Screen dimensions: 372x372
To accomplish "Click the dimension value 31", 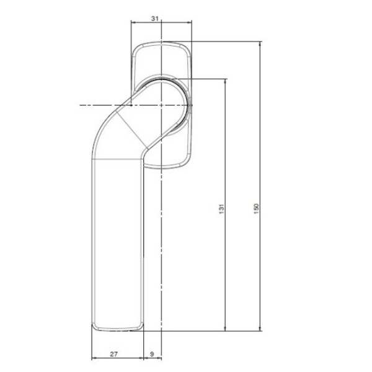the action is click(x=154, y=18).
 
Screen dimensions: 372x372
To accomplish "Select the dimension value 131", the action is click(x=221, y=208).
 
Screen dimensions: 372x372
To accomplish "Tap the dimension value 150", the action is click(x=256, y=208).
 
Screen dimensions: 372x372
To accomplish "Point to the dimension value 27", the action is click(x=114, y=354).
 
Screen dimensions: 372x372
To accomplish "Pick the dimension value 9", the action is click(x=152, y=354).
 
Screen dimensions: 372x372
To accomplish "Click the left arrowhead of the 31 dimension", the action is click(x=133, y=22).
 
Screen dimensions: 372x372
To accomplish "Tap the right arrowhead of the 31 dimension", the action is click(x=189, y=22).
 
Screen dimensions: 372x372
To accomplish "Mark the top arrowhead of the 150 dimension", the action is click(x=260, y=43).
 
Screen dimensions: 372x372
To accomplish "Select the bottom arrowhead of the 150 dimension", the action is click(x=260, y=328).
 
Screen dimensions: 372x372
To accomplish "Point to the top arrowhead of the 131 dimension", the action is click(x=225, y=81).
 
